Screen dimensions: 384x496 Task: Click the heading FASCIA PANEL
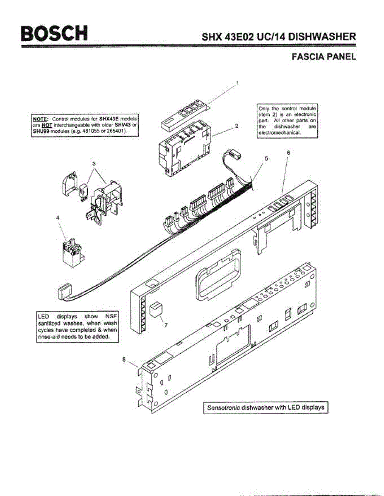pos(324,57)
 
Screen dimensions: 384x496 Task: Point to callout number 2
pos(236,126)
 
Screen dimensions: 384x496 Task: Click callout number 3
pos(94,164)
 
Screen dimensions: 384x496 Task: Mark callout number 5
pos(266,158)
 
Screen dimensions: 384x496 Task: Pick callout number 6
pos(288,153)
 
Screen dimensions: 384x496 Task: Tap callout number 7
pos(166,325)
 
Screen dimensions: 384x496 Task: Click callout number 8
pos(124,360)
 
